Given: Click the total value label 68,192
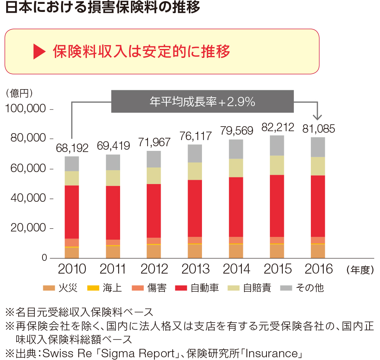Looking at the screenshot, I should pos(72,148).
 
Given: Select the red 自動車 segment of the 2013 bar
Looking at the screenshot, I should pos(195,208).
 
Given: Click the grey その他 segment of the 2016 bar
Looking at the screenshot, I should pos(318,147).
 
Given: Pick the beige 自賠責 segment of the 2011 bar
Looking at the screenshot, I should pos(113,178).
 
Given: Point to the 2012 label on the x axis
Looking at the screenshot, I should pos(154,269).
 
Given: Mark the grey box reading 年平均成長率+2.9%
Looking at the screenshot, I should pos(202,101).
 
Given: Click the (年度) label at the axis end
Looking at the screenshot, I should pos(360,270).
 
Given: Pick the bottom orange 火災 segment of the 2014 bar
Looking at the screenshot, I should pos(236,251).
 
